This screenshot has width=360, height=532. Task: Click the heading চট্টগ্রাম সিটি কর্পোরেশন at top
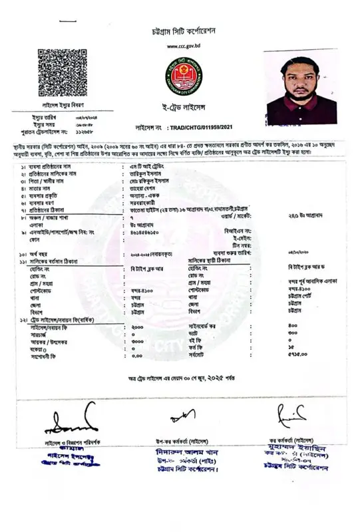[180, 31]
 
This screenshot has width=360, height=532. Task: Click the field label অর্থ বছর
[41, 253]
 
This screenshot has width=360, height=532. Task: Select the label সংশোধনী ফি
[45, 356]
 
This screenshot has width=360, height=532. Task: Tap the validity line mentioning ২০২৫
[181, 378]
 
